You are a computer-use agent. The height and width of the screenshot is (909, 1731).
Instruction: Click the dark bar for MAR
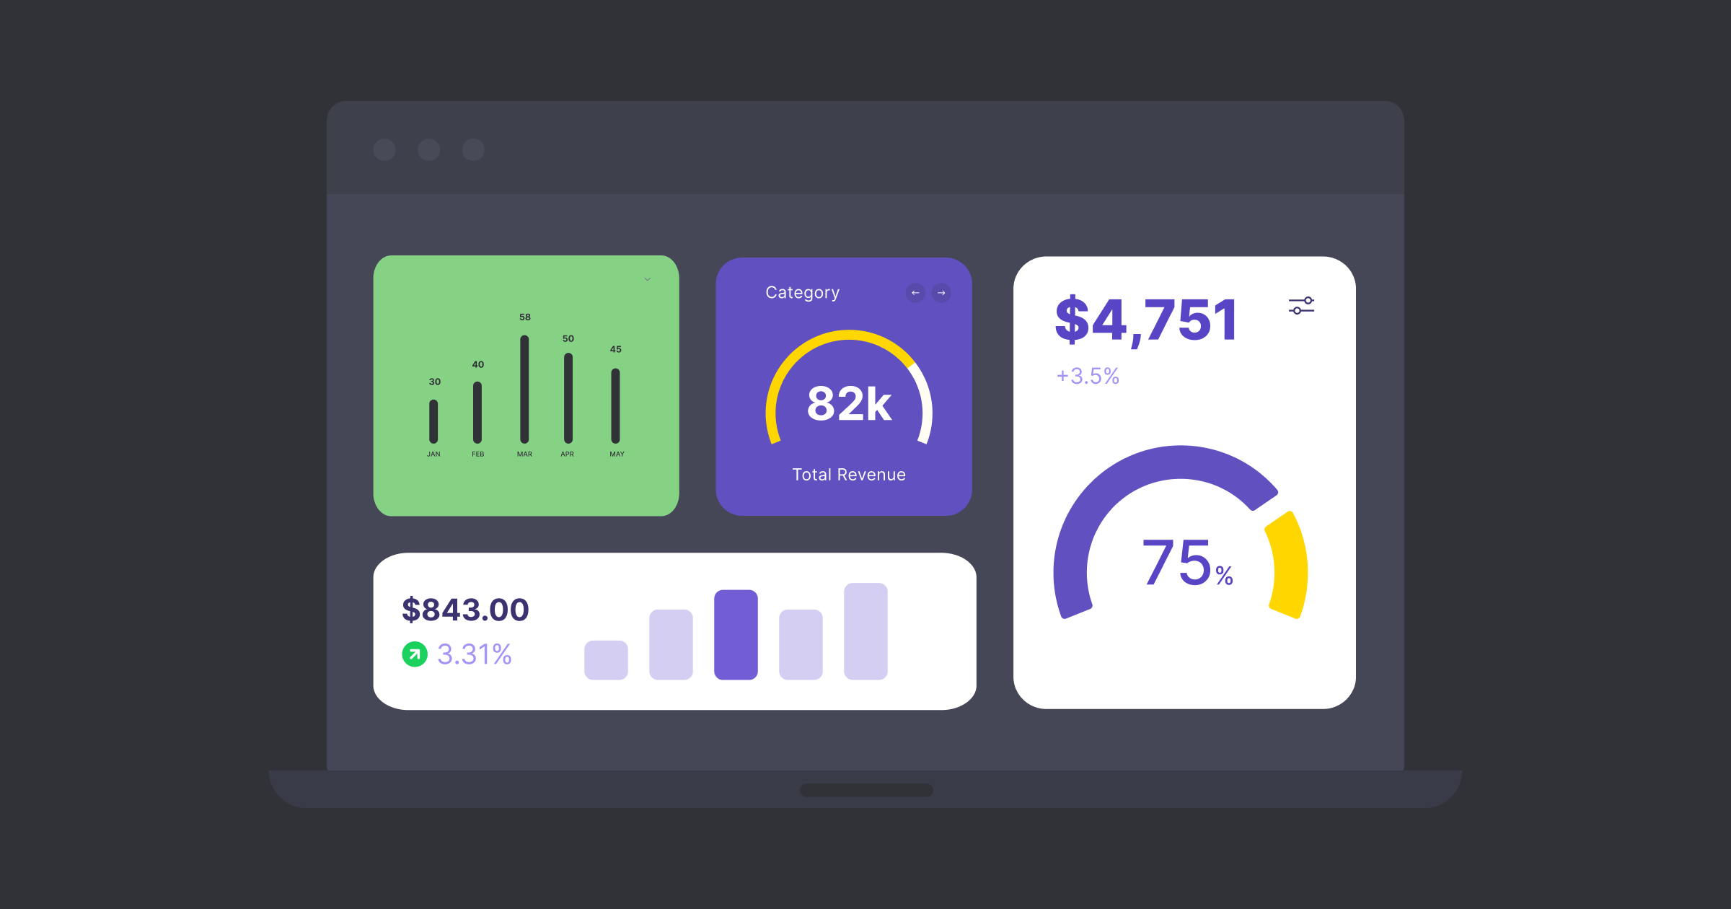524,390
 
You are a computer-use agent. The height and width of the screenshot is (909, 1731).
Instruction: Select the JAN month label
433,454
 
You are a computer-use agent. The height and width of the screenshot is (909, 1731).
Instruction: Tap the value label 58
525,317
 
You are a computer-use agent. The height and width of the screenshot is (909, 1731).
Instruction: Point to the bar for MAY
615,405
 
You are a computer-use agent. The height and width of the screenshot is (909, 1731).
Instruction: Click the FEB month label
478,454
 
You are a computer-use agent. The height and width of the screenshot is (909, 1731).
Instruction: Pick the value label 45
615,349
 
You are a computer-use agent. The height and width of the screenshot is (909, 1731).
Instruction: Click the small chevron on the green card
648,279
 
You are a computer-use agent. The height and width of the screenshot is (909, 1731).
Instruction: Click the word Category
802,292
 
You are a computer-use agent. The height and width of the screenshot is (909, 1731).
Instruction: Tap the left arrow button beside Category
915,293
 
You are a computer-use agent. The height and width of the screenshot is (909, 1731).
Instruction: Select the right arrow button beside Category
941,293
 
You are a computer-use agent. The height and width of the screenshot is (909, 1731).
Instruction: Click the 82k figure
849,403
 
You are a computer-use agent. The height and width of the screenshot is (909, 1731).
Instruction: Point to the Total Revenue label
849,475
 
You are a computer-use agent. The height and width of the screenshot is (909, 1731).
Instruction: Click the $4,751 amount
1146,320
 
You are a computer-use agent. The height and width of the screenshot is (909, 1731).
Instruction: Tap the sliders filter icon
1301,306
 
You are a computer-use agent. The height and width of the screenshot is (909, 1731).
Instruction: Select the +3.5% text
1088,376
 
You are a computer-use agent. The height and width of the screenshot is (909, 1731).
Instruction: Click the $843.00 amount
465,610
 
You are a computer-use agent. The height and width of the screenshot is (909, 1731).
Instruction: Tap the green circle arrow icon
415,654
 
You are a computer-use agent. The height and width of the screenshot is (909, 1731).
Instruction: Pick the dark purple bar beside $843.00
736,635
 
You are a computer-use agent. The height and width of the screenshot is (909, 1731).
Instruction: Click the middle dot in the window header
429,150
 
